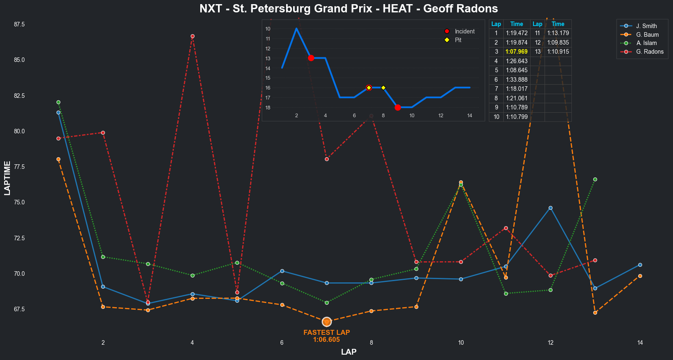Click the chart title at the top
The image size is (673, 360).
(348, 9)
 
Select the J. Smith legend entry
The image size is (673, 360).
(646, 26)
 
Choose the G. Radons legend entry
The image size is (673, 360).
(649, 52)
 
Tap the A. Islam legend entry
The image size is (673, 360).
(646, 43)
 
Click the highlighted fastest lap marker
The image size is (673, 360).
(327, 322)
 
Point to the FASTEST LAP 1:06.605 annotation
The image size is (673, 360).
(327, 336)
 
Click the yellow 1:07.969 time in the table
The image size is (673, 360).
(517, 52)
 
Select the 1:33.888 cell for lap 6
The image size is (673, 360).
(517, 80)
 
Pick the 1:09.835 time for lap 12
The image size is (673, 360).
(558, 43)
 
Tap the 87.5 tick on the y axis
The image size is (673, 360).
(19, 24)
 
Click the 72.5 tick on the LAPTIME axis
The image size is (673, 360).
(19, 238)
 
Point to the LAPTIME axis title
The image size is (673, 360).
(7, 178)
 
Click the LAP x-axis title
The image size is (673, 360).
(348, 352)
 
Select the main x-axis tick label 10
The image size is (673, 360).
(461, 343)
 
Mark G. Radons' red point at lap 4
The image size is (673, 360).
(192, 36)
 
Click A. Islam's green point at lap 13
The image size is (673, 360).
(595, 179)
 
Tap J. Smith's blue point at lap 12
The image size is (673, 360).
(550, 208)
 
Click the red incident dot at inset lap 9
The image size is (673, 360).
(398, 107)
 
